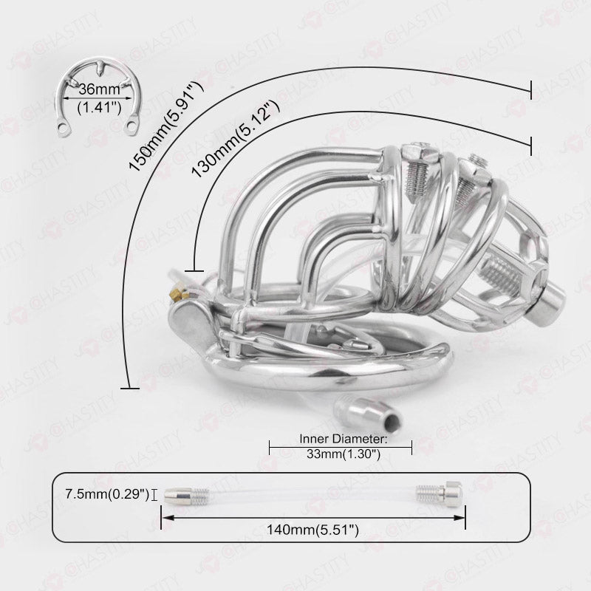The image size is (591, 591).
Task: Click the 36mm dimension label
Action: pyautogui.click(x=99, y=89)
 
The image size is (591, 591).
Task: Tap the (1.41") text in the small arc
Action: pyautogui.click(x=99, y=108)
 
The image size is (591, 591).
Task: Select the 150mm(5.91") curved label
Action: pyautogui.click(x=166, y=126)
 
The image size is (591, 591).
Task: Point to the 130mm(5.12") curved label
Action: pyautogui.click(x=236, y=139)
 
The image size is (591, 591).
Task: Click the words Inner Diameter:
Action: pyautogui.click(x=344, y=439)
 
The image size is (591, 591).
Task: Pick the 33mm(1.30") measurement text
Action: pyautogui.click(x=344, y=454)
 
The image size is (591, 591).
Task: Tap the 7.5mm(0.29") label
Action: pyautogui.click(x=107, y=493)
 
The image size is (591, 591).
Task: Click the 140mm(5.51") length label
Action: pyautogui.click(x=312, y=530)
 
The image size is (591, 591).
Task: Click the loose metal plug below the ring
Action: pyautogui.click(x=369, y=414)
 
